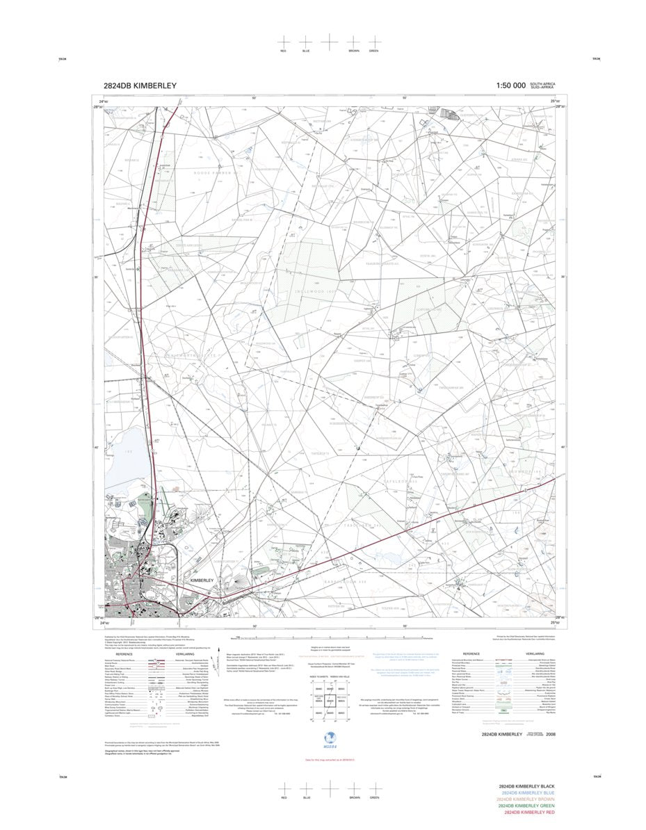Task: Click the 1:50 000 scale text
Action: pyautogui.click(x=510, y=86)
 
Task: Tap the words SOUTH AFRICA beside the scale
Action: pyautogui.click(x=543, y=83)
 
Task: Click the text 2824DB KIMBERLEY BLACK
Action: pyautogui.click(x=530, y=787)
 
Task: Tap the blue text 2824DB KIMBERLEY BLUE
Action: pyautogui.click(x=531, y=793)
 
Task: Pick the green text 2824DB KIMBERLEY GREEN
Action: pyautogui.click(x=530, y=806)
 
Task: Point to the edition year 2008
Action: pyautogui.click(x=551, y=734)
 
